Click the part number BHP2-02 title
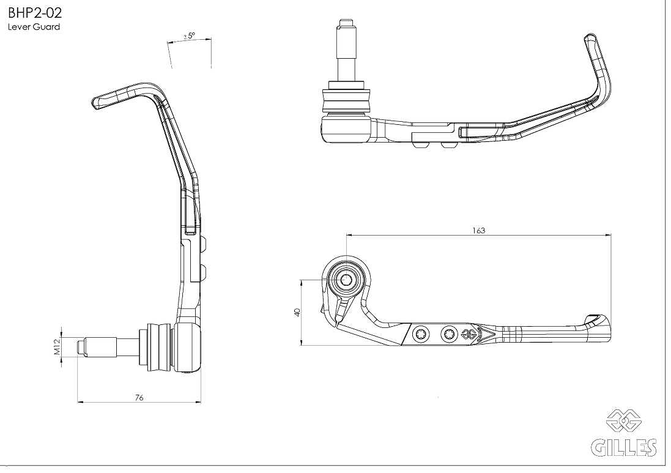tap(35, 12)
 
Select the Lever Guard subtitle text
tap(34, 27)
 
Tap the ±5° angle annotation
tap(189, 36)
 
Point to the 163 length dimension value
tap(479, 230)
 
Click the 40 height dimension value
tap(298, 312)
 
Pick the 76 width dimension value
tap(139, 398)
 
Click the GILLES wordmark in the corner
tap(624, 448)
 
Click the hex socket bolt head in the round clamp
tap(346, 280)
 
